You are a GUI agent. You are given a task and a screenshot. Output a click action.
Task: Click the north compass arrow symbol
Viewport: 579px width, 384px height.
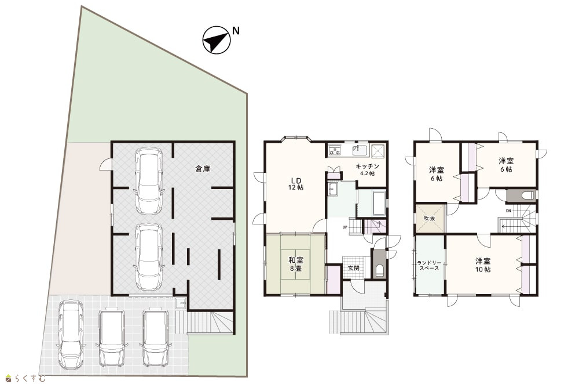pyautogui.click(x=217, y=40)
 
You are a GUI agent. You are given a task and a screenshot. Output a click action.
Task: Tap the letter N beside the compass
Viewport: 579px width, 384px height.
pyautogui.click(x=236, y=31)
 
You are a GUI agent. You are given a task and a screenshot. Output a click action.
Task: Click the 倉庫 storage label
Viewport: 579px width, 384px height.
pyautogui.click(x=203, y=169)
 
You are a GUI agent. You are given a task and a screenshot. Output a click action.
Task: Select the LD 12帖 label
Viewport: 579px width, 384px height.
pyautogui.click(x=296, y=183)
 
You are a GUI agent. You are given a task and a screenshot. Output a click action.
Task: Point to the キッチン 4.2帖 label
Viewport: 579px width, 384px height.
pyautogui.click(x=367, y=169)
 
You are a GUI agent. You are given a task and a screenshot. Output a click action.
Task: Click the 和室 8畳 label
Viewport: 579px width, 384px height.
pyautogui.click(x=296, y=264)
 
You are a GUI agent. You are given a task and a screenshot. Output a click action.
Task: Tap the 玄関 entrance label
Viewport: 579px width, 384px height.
pyautogui.click(x=354, y=268)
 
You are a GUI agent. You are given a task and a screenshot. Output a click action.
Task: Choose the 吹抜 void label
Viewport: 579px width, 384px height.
pyautogui.click(x=429, y=218)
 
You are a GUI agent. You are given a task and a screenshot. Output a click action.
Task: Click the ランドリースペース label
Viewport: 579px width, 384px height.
pyautogui.click(x=428, y=265)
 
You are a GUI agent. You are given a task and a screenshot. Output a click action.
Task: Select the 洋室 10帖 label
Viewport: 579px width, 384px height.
pyautogui.click(x=483, y=265)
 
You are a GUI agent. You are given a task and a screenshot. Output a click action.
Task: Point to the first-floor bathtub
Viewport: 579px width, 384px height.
pyautogui.click(x=379, y=202)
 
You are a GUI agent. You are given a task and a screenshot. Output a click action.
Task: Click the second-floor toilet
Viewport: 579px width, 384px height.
pyautogui.click(x=528, y=195)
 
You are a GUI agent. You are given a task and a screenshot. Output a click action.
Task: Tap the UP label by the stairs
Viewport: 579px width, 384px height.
pyautogui.click(x=345, y=227)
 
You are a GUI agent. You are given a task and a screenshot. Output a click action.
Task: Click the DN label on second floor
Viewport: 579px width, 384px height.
pyautogui.click(x=508, y=211)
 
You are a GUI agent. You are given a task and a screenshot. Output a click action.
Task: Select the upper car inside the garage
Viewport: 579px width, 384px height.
pyautogui.click(x=149, y=182)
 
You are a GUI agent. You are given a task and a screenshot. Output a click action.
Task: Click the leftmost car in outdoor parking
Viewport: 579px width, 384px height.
pyautogui.click(x=71, y=334)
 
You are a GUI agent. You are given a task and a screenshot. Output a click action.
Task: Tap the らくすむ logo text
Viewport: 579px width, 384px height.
pyautogui.click(x=30, y=378)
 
